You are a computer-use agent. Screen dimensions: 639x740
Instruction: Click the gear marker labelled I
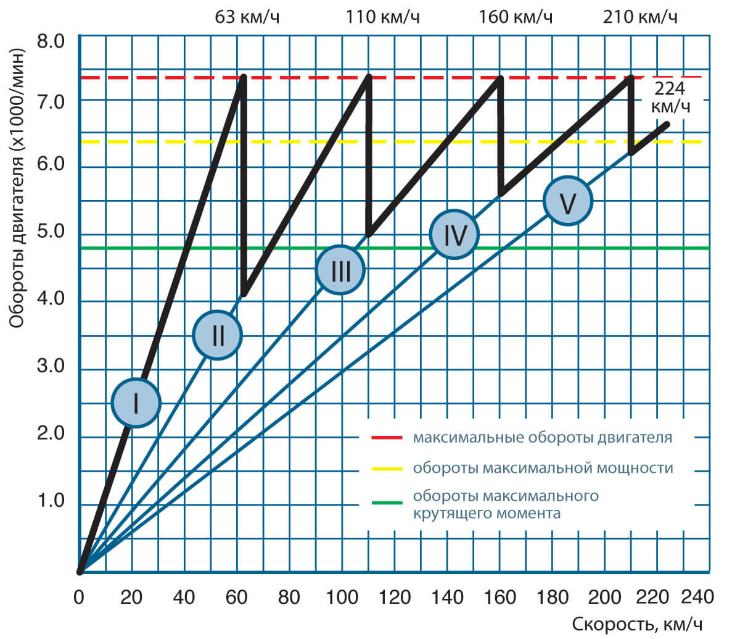136,403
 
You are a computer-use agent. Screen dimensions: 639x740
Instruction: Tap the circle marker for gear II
217,335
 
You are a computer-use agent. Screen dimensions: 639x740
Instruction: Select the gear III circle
340,270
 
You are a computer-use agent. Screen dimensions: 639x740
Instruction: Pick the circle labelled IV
454,235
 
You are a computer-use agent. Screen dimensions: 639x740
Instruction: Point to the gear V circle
568,201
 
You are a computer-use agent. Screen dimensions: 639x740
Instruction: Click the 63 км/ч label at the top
247,17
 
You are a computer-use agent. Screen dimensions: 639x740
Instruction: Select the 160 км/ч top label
516,17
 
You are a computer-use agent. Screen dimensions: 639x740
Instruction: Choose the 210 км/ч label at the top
640,17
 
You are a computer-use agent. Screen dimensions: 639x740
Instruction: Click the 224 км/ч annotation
670,97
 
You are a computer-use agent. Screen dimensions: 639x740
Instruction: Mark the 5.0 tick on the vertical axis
51,233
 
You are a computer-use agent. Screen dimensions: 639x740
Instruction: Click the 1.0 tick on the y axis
51,501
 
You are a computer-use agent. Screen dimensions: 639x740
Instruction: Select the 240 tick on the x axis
697,597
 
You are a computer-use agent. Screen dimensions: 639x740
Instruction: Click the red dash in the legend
387,437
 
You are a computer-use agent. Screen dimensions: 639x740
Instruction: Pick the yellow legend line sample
387,469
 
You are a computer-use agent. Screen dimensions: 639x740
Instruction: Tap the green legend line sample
387,503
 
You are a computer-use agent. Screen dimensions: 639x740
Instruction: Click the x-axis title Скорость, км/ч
637,624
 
